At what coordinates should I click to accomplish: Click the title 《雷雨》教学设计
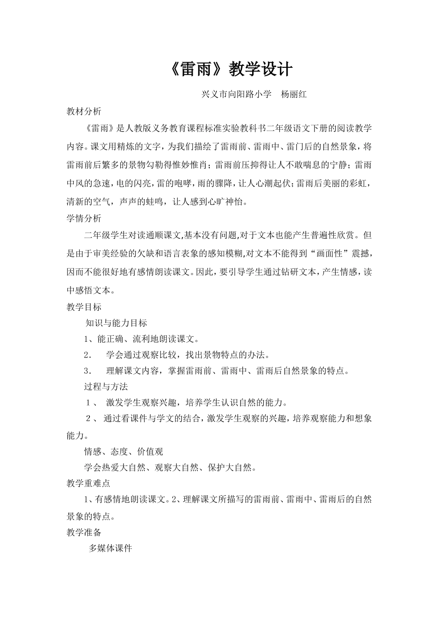click(x=228, y=70)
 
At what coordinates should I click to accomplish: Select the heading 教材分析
click(x=84, y=111)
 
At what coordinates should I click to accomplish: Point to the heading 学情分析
click(x=84, y=218)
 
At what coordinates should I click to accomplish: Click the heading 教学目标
click(x=84, y=307)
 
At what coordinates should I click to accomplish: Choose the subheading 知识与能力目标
click(x=116, y=323)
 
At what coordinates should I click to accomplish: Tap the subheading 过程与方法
click(x=106, y=387)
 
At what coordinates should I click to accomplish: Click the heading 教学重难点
click(x=89, y=483)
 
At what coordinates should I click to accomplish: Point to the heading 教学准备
click(x=84, y=532)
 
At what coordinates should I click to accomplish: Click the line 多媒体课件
click(x=111, y=548)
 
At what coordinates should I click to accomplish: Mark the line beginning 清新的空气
click(x=157, y=201)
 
